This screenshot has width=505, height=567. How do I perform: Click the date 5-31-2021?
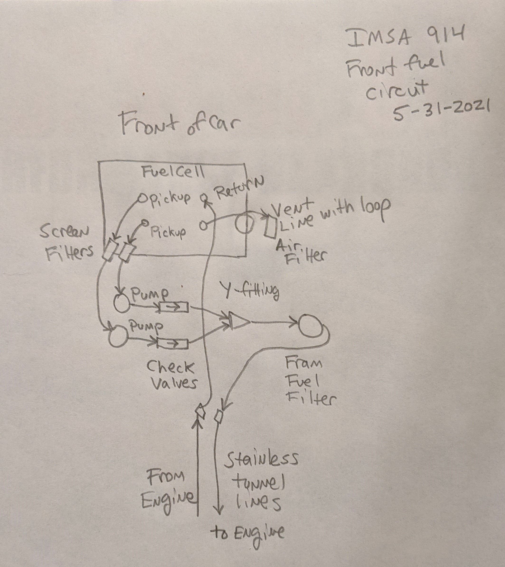(x=441, y=110)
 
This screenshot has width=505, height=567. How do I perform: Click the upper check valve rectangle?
(x=174, y=307)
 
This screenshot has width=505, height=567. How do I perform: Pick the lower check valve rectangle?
(x=172, y=344)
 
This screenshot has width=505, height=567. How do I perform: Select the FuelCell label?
(x=174, y=172)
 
